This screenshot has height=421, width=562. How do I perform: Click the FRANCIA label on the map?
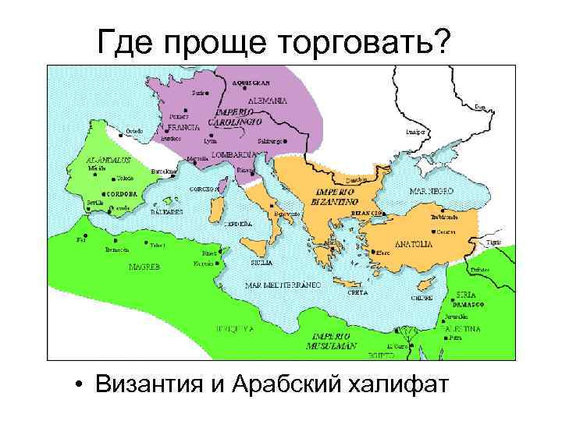click(x=185, y=126)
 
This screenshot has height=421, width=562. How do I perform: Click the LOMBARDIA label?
click(x=226, y=154)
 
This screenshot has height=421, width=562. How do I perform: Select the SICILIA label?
click(x=261, y=264)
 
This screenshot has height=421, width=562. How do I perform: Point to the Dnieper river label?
click(x=415, y=133)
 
